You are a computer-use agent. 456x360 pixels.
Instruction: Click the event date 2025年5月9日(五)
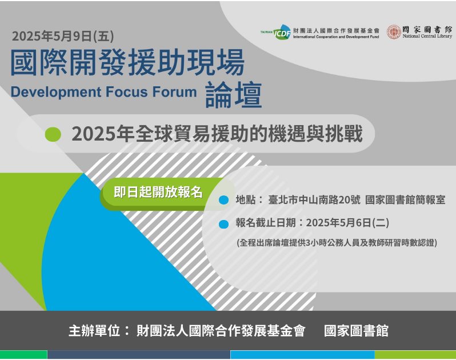(x=63, y=36)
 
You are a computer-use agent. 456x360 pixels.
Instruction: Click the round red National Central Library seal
(x=394, y=31)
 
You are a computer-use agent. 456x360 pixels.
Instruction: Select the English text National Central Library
(x=427, y=37)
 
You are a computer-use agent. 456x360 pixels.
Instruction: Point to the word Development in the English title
(x=56, y=92)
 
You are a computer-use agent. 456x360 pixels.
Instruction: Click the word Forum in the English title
(x=174, y=92)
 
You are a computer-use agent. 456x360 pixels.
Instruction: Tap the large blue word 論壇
(x=234, y=95)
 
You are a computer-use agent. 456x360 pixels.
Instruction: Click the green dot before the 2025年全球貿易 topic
(x=53, y=134)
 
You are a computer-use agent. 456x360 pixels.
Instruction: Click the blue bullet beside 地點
(x=223, y=200)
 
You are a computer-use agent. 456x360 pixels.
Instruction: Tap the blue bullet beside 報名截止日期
(x=223, y=224)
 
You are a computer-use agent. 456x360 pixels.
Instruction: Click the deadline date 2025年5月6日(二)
(x=347, y=223)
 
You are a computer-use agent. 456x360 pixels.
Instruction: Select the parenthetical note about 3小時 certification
(x=337, y=242)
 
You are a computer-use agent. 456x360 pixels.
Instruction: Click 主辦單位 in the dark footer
(x=94, y=331)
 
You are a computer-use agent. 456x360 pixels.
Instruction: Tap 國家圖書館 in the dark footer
(x=356, y=331)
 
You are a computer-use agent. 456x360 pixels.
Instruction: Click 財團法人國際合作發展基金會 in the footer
(x=221, y=331)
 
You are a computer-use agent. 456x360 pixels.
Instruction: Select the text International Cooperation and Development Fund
(x=336, y=37)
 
